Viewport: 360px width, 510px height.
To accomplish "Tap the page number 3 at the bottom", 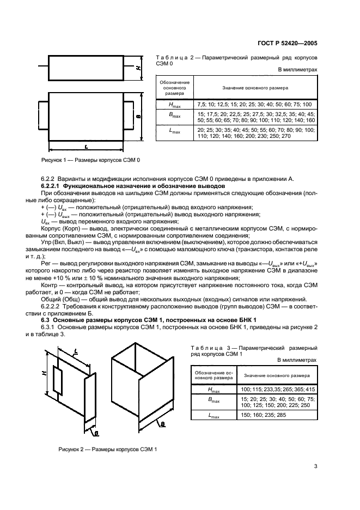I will click(315, 465).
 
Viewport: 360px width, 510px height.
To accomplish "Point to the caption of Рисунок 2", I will click(107, 449).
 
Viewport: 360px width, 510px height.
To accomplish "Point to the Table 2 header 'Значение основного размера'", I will click(255, 87).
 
